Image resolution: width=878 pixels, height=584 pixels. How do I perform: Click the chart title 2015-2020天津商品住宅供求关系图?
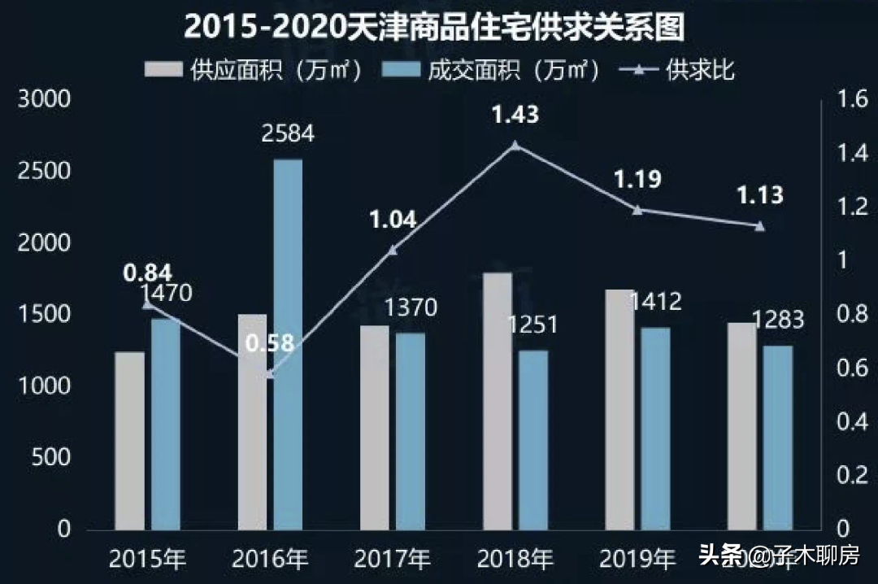(x=434, y=27)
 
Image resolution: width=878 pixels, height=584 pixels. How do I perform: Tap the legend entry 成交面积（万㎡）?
(x=505, y=70)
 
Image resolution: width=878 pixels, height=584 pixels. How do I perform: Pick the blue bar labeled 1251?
(x=533, y=439)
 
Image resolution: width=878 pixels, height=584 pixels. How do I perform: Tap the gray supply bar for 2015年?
(x=129, y=440)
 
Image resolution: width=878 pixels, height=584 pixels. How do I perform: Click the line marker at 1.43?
(x=515, y=146)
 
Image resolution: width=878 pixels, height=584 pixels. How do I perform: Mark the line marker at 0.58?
(x=271, y=374)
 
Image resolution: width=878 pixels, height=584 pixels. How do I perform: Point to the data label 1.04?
(x=393, y=220)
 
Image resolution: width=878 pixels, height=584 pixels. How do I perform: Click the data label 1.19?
(x=637, y=180)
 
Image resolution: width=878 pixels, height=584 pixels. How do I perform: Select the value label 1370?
(x=411, y=307)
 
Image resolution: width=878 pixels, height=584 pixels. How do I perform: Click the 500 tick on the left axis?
(x=53, y=457)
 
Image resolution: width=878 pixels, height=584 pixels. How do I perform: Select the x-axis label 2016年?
(x=270, y=559)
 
